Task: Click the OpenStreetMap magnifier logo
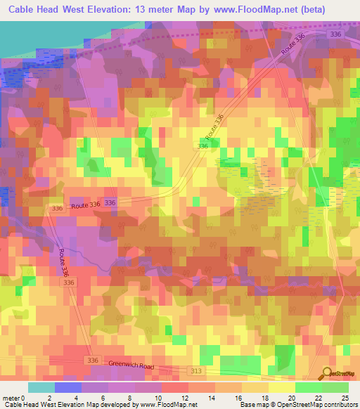pyautogui.click(x=328, y=375)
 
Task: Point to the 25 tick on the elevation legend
pyautogui.click(x=345, y=397)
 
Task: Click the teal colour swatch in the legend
pyautogui.click(x=41, y=387)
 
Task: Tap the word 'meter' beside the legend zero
pyautogui.click(x=12, y=397)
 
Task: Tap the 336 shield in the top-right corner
pyautogui.click(x=335, y=34)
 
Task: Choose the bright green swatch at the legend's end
pyautogui.click(x=335, y=387)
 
